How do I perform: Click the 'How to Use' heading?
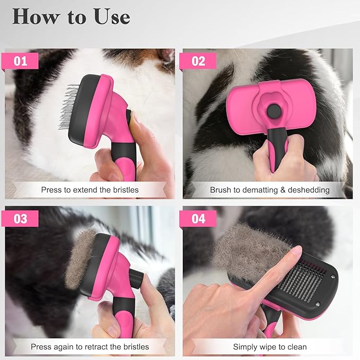71,16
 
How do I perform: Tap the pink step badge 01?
21,60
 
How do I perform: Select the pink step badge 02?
198,60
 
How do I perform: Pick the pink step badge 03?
21,218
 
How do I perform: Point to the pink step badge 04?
198,218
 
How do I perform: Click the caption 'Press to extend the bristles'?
90,189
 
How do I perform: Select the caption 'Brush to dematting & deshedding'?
269,189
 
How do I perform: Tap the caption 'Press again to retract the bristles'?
90,347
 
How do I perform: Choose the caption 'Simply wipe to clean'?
269,347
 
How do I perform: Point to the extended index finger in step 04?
276,270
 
